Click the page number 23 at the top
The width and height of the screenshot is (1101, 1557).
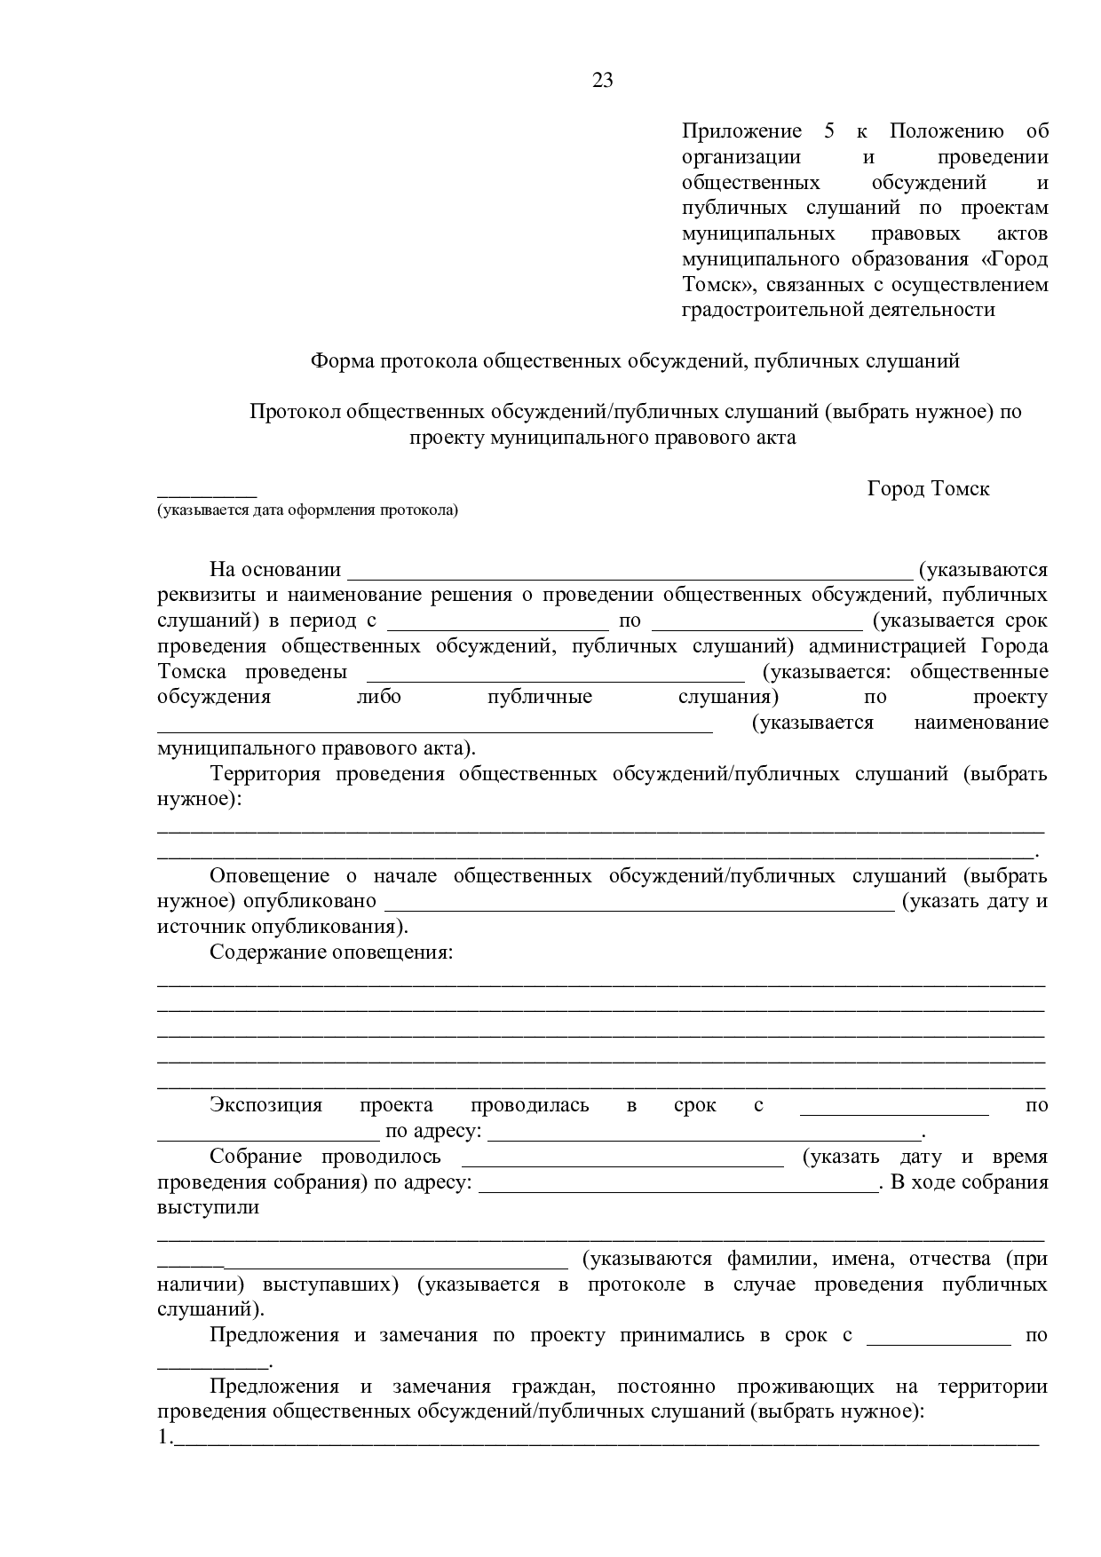pyautogui.click(x=603, y=81)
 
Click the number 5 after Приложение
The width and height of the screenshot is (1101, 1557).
pyautogui.click(x=829, y=131)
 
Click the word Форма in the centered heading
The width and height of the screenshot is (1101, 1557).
pyautogui.click(x=342, y=361)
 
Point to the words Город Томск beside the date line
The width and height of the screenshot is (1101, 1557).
pyautogui.click(x=928, y=488)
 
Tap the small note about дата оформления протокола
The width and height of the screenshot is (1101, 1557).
pyautogui.click(x=308, y=510)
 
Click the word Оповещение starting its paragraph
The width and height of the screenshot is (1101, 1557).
pyautogui.click(x=269, y=876)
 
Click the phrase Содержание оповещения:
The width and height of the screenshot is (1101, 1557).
pyautogui.click(x=331, y=952)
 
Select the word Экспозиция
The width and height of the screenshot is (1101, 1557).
pyautogui.click(x=265, y=1105)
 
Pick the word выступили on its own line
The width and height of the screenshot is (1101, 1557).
pyautogui.click(x=209, y=1207)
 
